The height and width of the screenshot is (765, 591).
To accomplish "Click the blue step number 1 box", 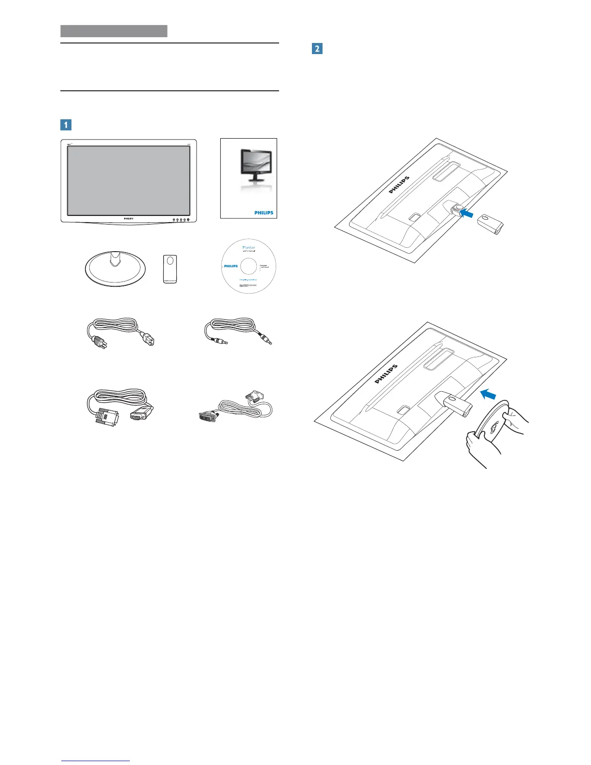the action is click(x=66, y=125).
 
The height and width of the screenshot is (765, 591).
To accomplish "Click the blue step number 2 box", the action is click(x=317, y=48).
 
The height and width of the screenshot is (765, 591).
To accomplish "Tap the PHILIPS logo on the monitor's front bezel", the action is click(x=127, y=218).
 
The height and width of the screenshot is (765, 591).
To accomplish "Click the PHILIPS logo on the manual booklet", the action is click(x=264, y=212).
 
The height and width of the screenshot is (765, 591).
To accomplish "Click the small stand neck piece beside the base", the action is click(x=170, y=269).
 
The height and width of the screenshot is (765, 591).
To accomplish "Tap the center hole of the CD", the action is click(x=248, y=266).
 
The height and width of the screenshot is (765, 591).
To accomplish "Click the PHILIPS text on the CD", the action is click(x=231, y=266).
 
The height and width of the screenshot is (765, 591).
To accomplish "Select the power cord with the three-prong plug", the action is click(x=121, y=333).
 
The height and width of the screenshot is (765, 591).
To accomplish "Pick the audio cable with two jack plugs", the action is click(x=239, y=332).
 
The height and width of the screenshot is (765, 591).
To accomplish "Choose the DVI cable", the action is click(x=237, y=408).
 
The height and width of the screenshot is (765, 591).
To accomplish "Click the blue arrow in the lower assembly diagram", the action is click(x=489, y=395).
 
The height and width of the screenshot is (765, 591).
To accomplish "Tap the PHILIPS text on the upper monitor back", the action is click(x=399, y=185).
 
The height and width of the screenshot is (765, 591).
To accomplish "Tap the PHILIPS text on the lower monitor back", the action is click(x=386, y=374).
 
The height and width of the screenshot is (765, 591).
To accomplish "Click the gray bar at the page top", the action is click(x=114, y=31).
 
